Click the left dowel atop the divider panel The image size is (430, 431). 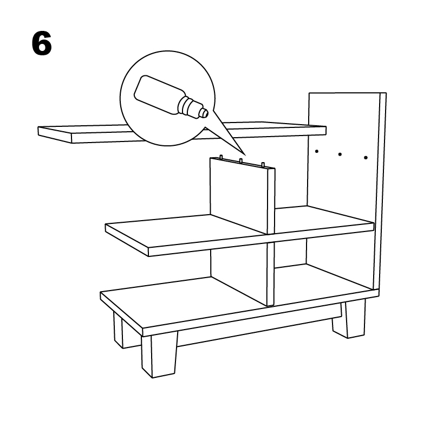point(221,158)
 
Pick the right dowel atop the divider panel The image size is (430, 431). point(263,164)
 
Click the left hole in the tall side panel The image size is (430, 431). point(317,151)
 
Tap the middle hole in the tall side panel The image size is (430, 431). point(340,155)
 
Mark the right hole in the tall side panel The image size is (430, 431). point(366,158)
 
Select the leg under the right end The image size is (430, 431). point(348,320)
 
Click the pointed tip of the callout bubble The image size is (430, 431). point(244,155)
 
